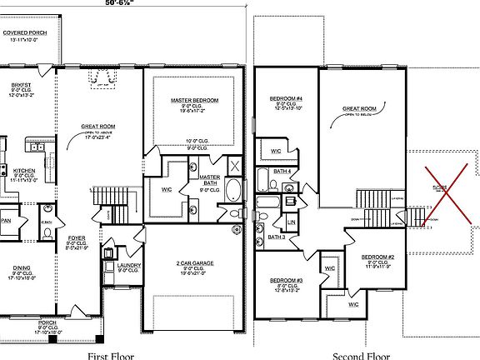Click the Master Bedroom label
194,100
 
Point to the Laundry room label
128,265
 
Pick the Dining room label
22,268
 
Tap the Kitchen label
24,171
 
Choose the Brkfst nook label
22,85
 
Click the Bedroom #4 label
285,99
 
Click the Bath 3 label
277,237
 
